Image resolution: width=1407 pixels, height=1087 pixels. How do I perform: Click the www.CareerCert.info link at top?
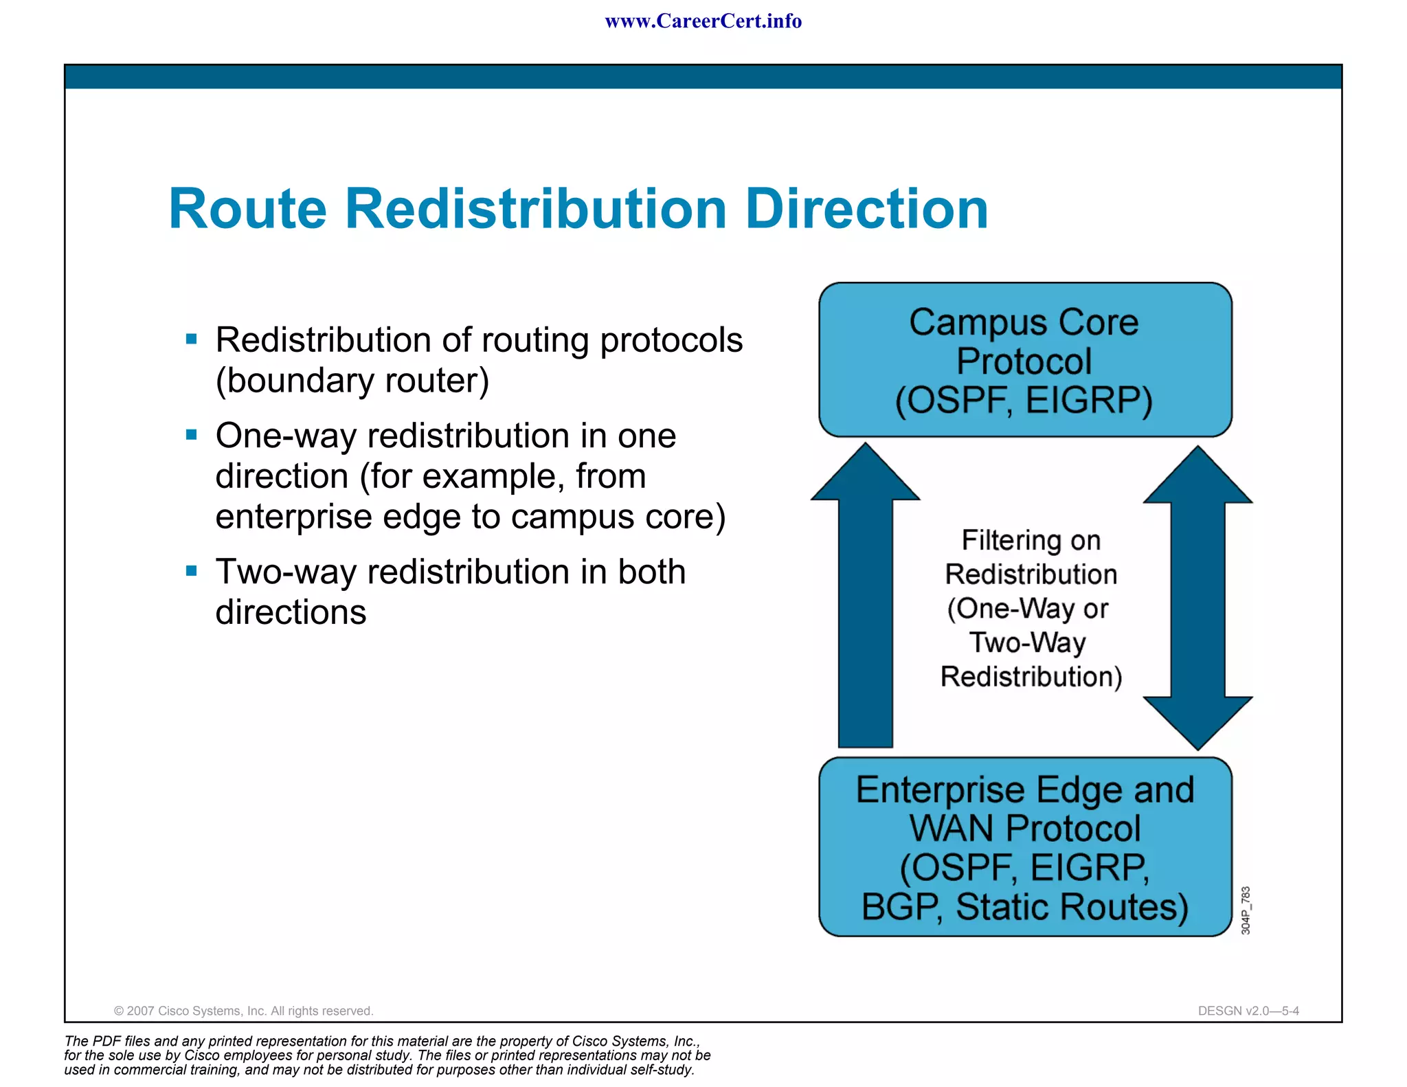click(x=703, y=21)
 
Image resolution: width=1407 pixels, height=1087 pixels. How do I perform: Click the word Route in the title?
click(x=247, y=209)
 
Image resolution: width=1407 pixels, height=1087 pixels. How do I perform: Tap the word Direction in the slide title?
click(x=866, y=209)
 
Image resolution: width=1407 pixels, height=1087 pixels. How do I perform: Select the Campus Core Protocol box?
click(x=1024, y=360)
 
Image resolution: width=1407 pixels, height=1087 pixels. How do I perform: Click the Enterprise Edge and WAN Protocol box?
click(x=1024, y=847)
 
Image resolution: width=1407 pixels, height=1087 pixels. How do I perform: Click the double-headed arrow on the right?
click(x=1197, y=598)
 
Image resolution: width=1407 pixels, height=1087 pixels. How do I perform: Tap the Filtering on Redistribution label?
click(x=1031, y=557)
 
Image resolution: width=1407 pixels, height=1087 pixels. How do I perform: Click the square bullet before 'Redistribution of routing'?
click(x=192, y=339)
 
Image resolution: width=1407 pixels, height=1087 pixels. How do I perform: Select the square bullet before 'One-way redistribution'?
click(x=192, y=434)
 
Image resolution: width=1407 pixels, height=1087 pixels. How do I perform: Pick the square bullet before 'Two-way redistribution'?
click(x=192, y=570)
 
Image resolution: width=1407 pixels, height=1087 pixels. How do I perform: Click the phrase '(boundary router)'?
click(x=352, y=381)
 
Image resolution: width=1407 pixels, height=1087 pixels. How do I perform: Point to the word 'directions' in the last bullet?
click(x=291, y=612)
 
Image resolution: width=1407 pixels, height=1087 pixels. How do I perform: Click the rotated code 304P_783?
click(x=1246, y=910)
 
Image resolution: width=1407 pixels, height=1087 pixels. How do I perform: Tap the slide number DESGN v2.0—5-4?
click(x=1248, y=1011)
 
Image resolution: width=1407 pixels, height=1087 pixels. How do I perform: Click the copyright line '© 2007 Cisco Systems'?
click(x=243, y=1011)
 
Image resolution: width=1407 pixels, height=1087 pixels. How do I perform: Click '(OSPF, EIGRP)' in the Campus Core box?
click(x=1024, y=401)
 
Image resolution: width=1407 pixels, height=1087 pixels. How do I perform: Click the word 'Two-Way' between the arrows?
click(x=1028, y=642)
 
